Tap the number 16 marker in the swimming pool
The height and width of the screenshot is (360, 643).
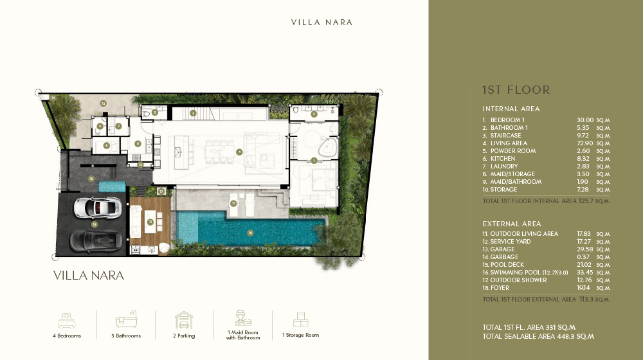(250, 233)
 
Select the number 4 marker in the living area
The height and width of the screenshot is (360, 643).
(239, 152)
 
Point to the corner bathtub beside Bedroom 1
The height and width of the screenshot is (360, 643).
(329, 146)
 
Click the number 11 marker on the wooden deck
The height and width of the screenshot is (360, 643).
(150, 222)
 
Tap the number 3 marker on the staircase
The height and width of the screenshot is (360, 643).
(193, 113)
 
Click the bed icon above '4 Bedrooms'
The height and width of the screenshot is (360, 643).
(67, 320)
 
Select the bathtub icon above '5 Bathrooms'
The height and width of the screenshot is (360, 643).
(125, 320)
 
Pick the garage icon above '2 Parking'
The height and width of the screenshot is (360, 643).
(184, 320)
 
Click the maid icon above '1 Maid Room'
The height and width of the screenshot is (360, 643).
(242, 318)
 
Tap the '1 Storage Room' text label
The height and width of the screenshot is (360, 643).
(300, 335)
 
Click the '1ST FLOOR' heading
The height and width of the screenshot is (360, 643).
(516, 90)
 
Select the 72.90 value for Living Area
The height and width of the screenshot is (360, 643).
(585, 143)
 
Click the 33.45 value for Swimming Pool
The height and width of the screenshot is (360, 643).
(585, 273)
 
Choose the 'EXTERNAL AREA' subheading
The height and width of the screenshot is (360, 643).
(512, 224)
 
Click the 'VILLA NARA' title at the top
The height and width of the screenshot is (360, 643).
(321, 22)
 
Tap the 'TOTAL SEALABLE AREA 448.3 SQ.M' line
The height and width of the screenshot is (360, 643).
(538, 336)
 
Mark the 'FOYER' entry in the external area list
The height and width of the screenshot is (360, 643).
(500, 288)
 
